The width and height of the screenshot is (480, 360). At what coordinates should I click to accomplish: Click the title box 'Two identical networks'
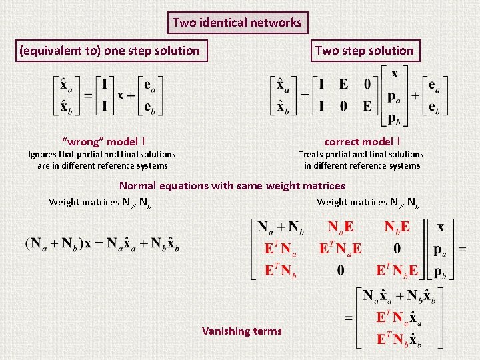237,23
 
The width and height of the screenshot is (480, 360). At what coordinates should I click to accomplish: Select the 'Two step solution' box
364,51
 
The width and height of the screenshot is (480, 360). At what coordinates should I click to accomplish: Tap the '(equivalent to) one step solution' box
110,51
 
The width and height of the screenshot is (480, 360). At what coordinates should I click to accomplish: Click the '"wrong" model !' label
103,141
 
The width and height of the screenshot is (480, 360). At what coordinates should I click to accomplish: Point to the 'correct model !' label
363,141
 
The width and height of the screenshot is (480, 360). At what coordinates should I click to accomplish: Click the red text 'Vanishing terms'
242,331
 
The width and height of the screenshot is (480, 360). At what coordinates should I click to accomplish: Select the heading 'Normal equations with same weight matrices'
232,186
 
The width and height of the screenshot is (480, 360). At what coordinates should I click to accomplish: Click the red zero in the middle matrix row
397,249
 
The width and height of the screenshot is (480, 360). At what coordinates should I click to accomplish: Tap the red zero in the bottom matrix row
340,271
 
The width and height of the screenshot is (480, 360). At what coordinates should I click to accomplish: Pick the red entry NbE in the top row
397,227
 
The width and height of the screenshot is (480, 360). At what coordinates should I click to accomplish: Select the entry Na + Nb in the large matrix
281,227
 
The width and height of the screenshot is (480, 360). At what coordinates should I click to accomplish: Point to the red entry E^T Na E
340,249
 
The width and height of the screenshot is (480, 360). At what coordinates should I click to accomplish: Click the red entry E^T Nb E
397,271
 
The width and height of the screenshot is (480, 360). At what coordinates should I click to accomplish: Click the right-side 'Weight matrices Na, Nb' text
368,203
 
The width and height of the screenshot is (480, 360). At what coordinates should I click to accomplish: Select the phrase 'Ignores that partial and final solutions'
102,155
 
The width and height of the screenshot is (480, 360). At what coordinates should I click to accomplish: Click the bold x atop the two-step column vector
395,74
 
